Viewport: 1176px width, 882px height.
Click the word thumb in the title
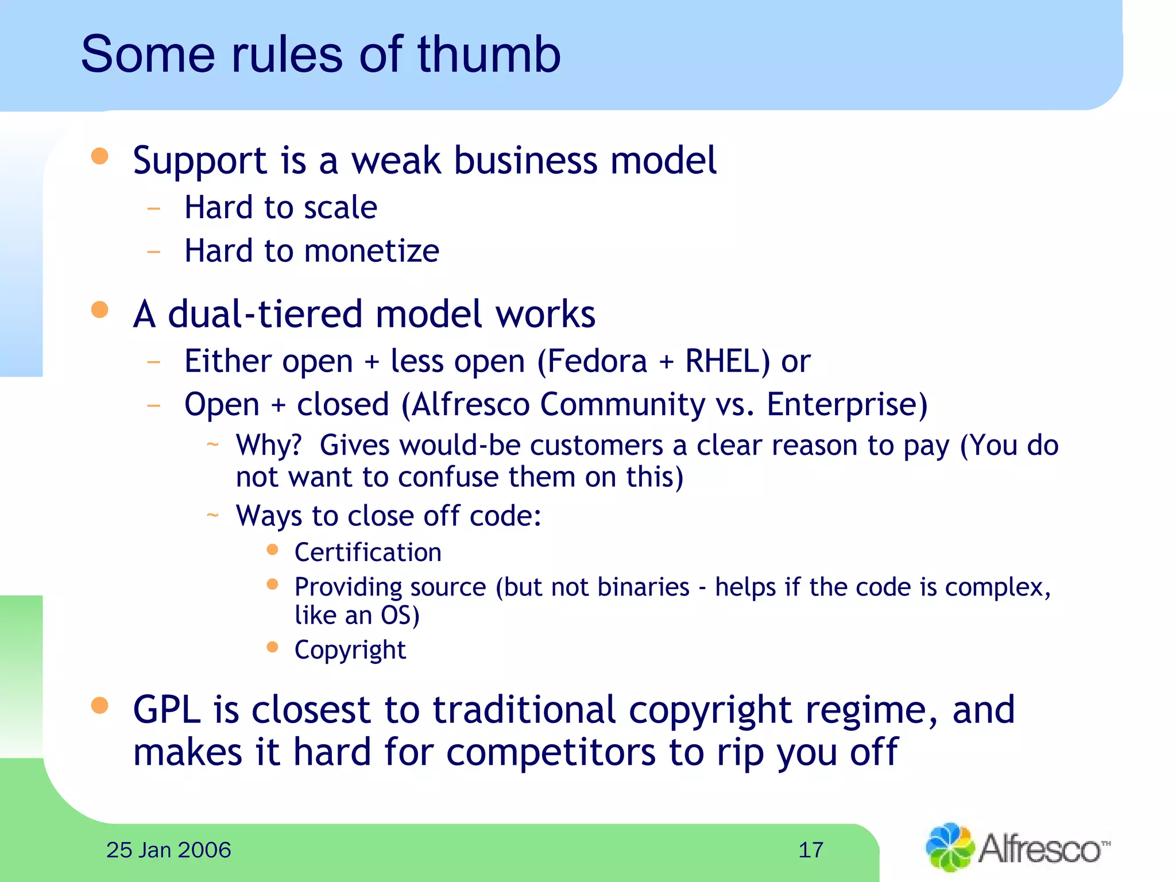point(489,55)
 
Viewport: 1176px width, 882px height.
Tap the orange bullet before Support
point(100,156)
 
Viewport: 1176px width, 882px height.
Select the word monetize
point(372,251)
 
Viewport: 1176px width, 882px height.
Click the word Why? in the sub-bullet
point(269,446)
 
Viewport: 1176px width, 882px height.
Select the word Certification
point(368,552)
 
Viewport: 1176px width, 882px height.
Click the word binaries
point(643,587)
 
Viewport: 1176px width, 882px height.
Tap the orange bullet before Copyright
point(273,648)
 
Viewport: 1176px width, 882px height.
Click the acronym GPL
point(167,710)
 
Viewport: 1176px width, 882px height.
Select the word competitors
point(550,752)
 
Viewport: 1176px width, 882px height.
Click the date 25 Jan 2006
point(169,850)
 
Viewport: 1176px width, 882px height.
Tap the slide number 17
point(811,850)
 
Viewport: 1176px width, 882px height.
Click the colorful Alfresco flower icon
point(949,848)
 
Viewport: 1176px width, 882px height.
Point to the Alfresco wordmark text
point(1039,849)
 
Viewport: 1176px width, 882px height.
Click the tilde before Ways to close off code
point(212,515)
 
